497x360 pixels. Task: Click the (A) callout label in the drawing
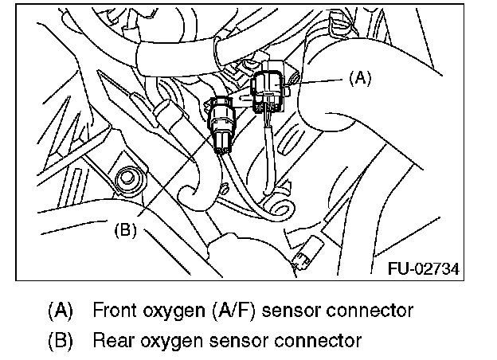click(361, 78)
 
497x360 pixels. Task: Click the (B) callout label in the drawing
click(126, 229)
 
